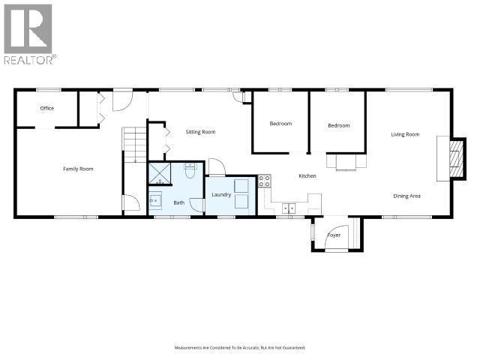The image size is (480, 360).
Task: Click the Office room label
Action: (x=47, y=108)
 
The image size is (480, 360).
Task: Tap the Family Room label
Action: (x=77, y=169)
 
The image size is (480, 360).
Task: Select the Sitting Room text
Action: (x=200, y=132)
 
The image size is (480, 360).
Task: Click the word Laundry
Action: (x=221, y=195)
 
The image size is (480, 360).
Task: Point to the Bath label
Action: (x=179, y=202)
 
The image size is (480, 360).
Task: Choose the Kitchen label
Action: (x=307, y=175)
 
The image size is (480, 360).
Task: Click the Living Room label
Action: (x=405, y=135)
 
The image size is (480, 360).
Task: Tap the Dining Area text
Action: (x=406, y=196)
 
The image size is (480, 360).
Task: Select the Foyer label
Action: (x=334, y=235)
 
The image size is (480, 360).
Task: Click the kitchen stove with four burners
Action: (x=264, y=181)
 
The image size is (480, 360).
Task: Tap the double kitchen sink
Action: (x=289, y=208)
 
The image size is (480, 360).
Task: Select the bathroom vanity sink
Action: (x=156, y=201)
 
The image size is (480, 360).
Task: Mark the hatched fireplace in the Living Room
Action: (x=451, y=159)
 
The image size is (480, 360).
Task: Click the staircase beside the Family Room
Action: (x=133, y=144)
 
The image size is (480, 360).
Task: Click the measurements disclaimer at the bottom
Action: (x=240, y=347)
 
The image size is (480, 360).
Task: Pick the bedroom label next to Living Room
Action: (x=338, y=125)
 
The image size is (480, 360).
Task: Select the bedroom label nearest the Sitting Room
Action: (x=280, y=123)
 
